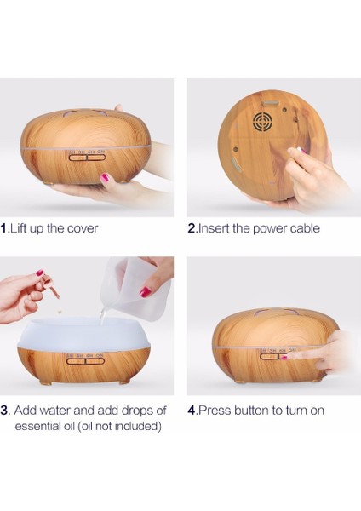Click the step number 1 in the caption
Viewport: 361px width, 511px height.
click(3, 228)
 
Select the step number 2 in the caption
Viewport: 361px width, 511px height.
click(192, 228)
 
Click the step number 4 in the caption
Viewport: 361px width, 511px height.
click(192, 410)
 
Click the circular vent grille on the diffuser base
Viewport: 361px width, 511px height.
click(262, 121)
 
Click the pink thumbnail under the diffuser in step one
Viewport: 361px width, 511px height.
click(105, 178)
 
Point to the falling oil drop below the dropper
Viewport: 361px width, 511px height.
click(60, 312)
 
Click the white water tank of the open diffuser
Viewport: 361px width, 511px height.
click(84, 335)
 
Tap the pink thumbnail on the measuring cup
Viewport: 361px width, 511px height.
click(146, 291)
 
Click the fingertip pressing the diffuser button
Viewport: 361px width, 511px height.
click(284, 358)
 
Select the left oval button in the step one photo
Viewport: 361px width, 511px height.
click(77, 158)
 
